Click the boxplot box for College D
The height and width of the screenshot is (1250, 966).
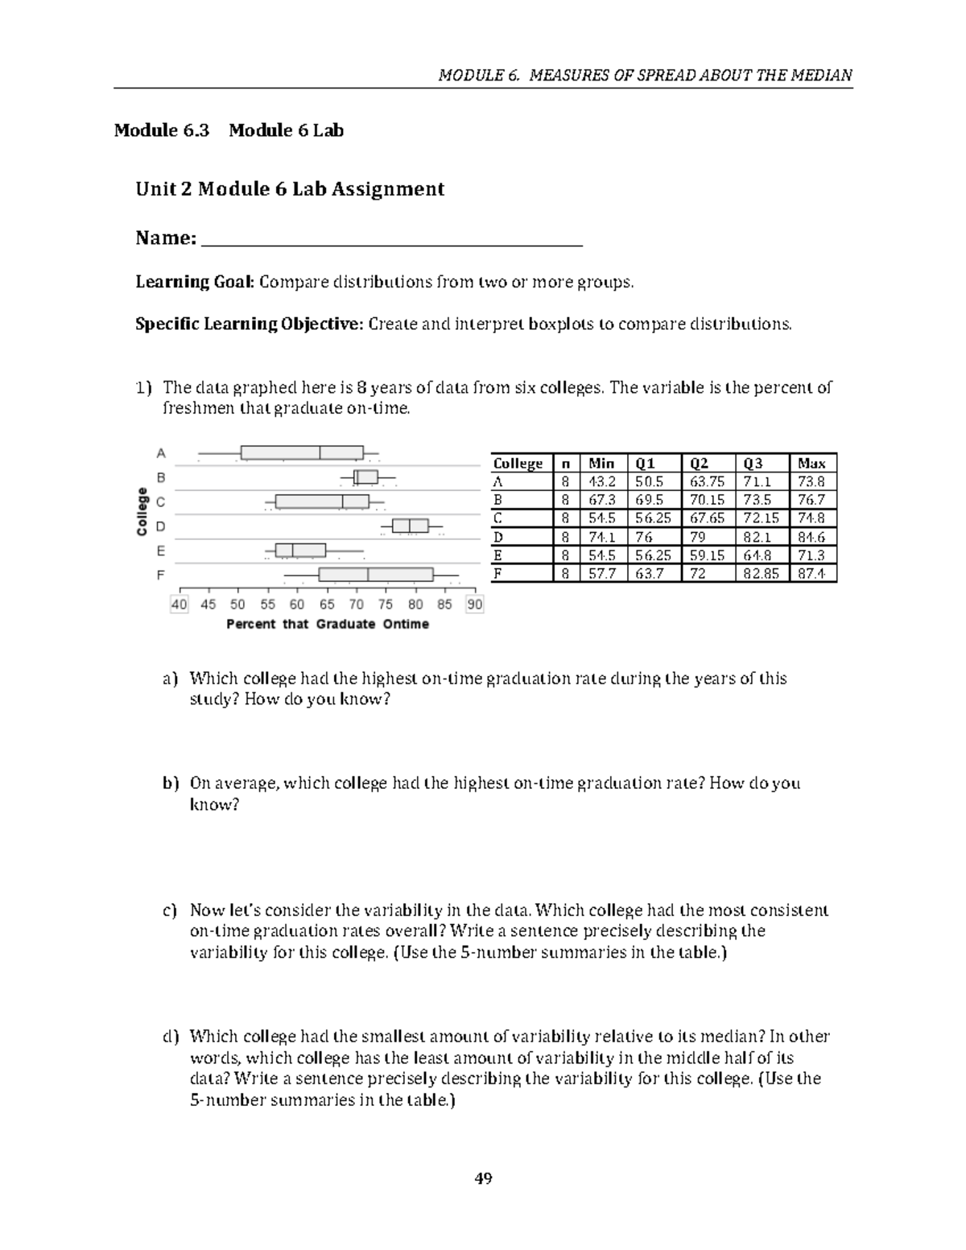coord(411,526)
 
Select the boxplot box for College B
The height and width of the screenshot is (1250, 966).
coord(366,477)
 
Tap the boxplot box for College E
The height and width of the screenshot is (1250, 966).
coord(300,551)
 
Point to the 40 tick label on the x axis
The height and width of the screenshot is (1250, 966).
coord(179,604)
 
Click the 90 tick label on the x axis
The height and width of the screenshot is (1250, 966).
coord(475,604)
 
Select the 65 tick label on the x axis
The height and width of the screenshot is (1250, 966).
coord(327,604)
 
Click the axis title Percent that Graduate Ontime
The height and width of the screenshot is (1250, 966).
coord(328,624)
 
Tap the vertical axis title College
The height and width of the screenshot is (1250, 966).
coord(142,512)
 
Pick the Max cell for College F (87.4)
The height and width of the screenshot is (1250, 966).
coord(814,574)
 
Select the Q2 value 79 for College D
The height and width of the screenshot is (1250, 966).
coord(696,537)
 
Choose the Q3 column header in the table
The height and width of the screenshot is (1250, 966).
coord(753,463)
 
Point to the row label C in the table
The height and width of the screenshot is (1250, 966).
coord(497,518)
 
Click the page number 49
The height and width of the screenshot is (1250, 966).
coord(483,1179)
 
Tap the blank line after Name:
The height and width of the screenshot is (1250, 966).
coord(391,239)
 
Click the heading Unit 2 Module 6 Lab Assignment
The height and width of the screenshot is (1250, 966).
coord(290,189)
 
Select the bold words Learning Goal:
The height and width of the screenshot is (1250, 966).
coord(195,282)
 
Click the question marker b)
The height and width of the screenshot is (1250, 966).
coord(169,783)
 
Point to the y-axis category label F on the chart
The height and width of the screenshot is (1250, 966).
coord(161,575)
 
